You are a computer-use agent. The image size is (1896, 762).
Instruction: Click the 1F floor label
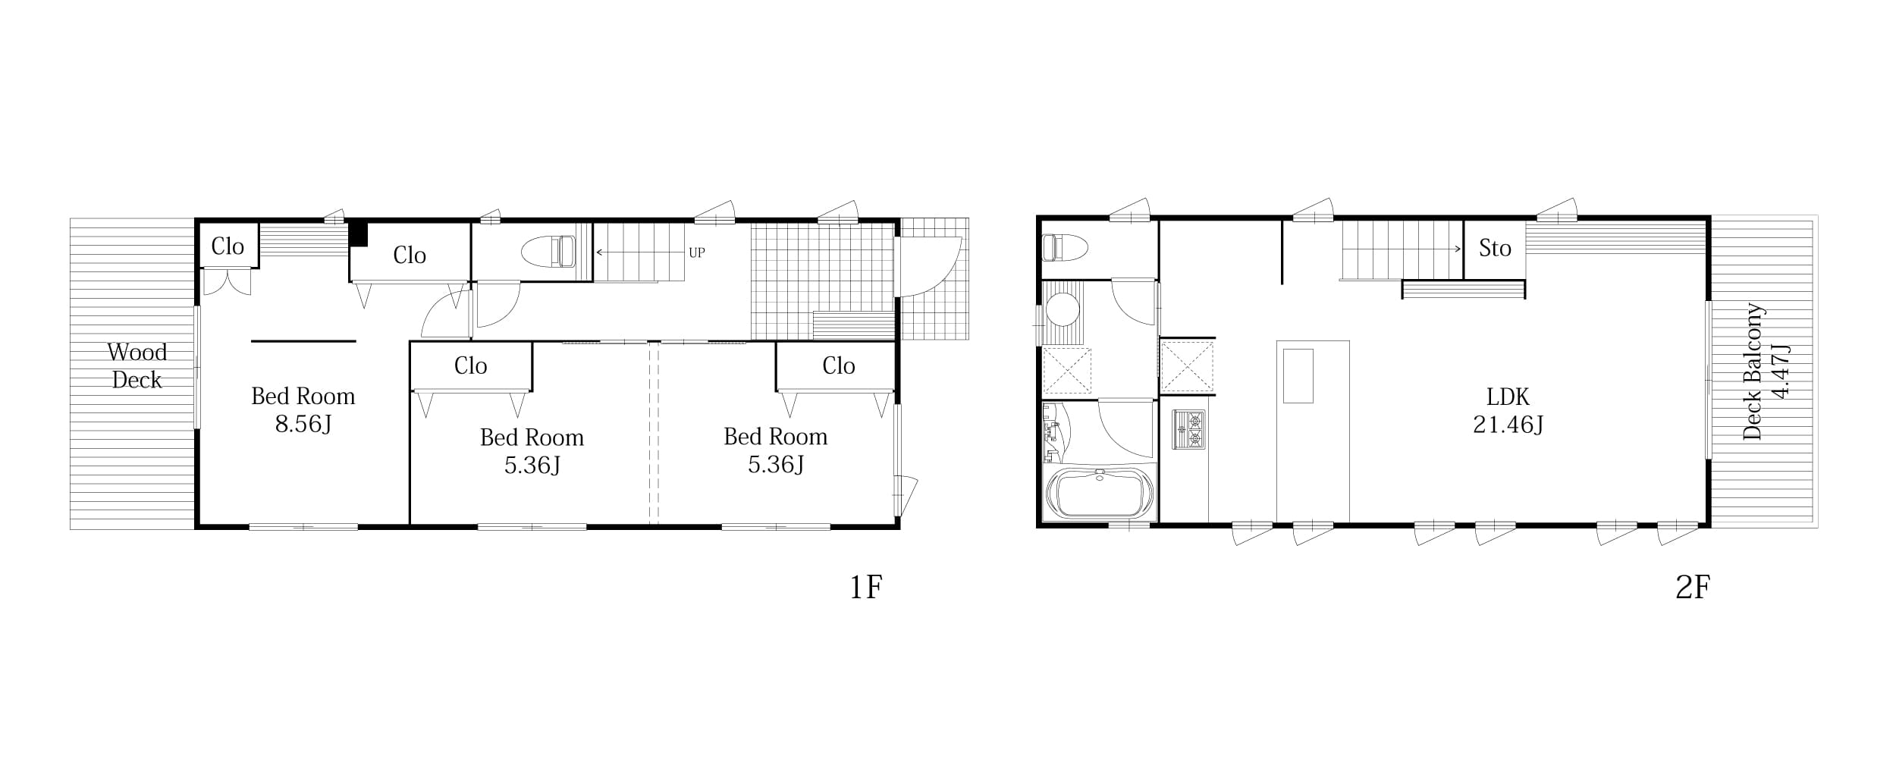coord(865,587)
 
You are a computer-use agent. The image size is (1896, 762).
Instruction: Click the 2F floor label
coord(1693,587)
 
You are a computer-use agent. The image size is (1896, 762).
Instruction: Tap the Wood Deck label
coord(137,365)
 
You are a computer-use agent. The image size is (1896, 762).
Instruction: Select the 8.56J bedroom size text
coord(303,424)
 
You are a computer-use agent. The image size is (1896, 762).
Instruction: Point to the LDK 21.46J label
coord(1508,410)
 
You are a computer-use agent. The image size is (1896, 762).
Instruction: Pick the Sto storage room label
coord(1495,249)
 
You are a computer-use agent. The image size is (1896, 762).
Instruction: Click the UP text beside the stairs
coord(697,252)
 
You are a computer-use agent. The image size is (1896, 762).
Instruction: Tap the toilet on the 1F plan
coord(548,251)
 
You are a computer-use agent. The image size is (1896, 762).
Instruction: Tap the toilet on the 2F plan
coord(1066,247)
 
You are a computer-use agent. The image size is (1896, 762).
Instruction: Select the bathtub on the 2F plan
coord(1099,493)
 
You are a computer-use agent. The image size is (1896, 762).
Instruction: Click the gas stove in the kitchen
coord(1188,430)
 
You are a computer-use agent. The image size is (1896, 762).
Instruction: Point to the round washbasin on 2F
coord(1063,309)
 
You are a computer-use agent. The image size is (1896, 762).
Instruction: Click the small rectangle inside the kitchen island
coord(1298,376)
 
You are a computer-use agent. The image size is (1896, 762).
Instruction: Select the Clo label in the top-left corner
coord(228,246)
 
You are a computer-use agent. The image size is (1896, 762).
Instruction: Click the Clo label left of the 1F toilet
coord(410,256)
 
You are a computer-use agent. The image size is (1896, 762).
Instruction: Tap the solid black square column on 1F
coord(358,234)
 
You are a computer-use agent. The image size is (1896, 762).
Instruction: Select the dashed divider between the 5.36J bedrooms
coord(654,433)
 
